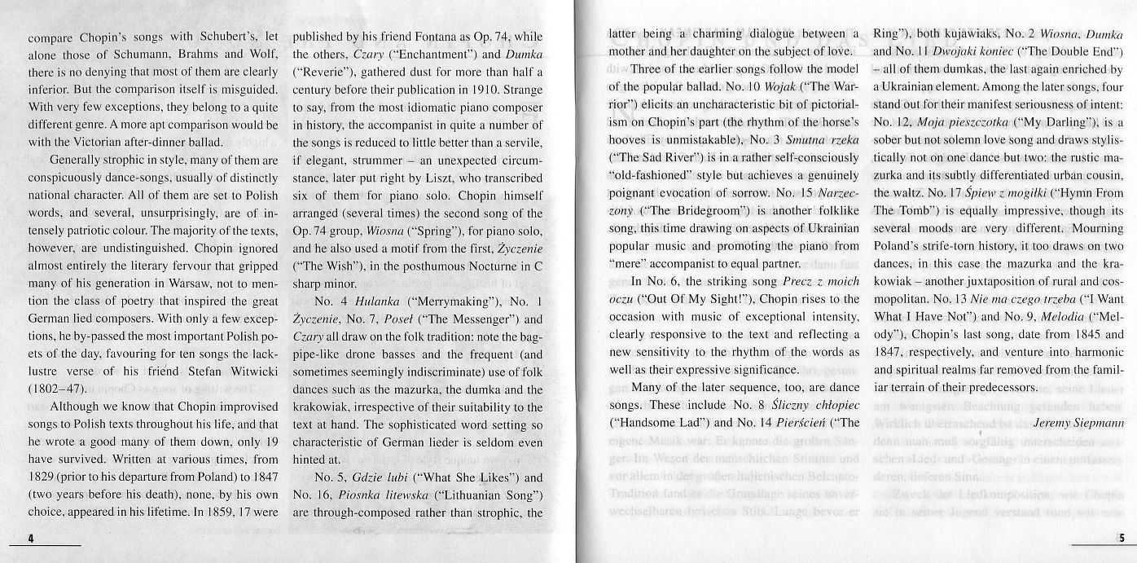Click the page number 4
[x=30, y=539]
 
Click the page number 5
[x=1122, y=539]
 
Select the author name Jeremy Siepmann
[x=1078, y=422]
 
